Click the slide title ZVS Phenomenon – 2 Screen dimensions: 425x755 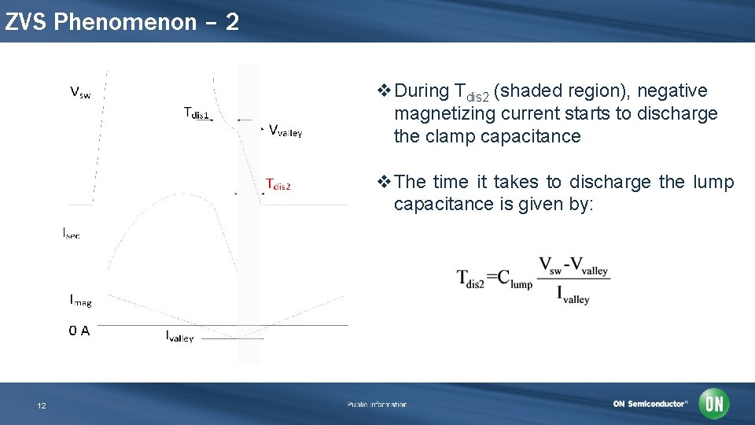(121, 22)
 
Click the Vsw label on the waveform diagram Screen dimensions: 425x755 (80, 94)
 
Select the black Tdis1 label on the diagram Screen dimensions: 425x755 (197, 113)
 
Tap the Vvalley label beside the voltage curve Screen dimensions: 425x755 (285, 131)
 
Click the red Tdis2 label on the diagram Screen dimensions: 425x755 (278, 185)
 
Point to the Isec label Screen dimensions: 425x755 (72, 233)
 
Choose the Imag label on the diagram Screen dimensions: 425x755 (80, 300)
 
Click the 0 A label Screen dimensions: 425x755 (79, 331)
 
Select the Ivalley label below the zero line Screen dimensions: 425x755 (179, 337)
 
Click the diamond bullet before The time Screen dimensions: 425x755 (384, 183)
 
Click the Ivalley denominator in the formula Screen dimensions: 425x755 (573, 295)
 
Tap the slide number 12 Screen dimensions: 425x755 (42, 406)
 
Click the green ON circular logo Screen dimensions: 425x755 (714, 404)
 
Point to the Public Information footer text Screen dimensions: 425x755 (377, 405)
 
